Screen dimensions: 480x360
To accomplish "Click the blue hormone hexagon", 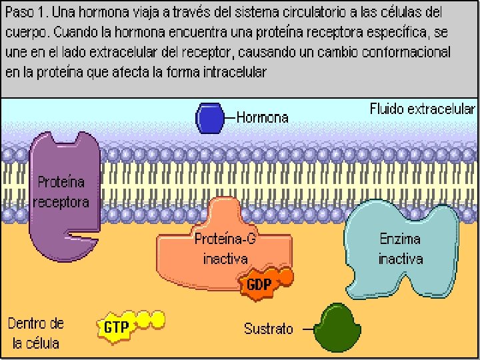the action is tap(208, 118).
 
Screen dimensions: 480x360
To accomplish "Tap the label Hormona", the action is tap(263, 118).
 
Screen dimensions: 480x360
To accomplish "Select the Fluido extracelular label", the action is tap(423, 109).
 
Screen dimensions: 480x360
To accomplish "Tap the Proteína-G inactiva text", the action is tap(225, 249).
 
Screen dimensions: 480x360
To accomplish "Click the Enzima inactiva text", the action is tap(401, 248).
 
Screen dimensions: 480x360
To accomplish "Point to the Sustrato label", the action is tap(268, 329).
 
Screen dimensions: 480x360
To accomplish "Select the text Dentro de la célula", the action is tap(36, 333).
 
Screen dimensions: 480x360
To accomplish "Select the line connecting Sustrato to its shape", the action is tap(306, 329).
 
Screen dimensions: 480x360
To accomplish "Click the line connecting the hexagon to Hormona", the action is tap(229, 118).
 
